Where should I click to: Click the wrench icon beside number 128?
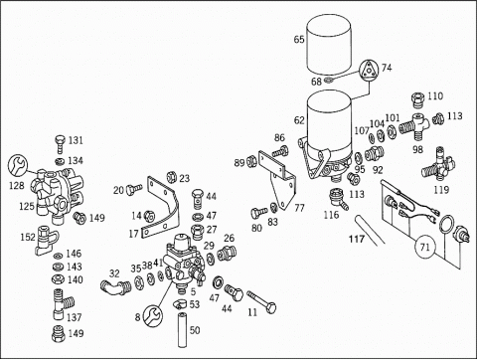click(18, 165)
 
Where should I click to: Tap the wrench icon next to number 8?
click(153, 315)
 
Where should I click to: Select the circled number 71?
click(425, 247)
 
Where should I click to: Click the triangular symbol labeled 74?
click(369, 71)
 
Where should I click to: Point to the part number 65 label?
click(299, 40)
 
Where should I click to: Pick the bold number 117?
click(357, 239)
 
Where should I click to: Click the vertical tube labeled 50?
click(182, 329)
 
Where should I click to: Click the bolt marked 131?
click(60, 143)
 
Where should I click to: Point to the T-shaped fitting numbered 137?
click(63, 304)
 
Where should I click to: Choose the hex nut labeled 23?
click(172, 177)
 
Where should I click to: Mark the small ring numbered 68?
click(328, 80)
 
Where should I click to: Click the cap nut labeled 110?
click(418, 99)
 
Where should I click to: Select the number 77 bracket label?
click(299, 208)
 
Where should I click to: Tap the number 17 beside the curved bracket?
click(133, 234)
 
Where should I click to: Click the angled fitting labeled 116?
click(338, 199)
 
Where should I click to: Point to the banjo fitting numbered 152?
click(47, 240)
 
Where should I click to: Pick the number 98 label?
click(417, 149)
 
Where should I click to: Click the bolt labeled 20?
click(134, 189)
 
